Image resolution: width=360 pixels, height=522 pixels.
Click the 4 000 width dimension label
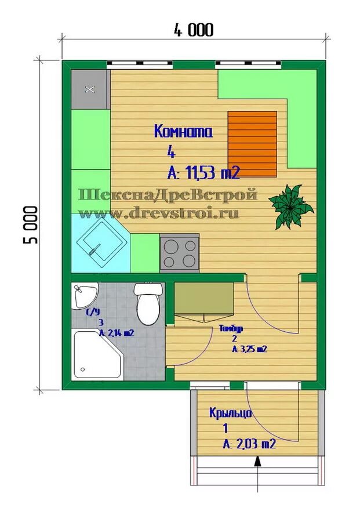[x=192, y=30]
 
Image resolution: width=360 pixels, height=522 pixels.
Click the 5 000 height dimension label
[x=32, y=224]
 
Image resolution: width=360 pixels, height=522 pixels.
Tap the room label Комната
[x=183, y=132]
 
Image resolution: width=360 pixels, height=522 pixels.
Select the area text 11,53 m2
[x=211, y=172]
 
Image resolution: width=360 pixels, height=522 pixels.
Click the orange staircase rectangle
[x=252, y=144]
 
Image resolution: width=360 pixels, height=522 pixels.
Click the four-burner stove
[x=179, y=252]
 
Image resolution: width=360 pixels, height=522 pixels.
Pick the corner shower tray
[x=96, y=354]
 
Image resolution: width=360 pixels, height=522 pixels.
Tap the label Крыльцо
[x=231, y=413]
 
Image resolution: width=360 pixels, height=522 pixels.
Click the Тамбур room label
[x=231, y=328]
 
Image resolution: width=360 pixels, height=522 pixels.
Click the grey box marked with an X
[x=89, y=89]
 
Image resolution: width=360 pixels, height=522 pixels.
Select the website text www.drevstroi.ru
[x=158, y=213]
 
